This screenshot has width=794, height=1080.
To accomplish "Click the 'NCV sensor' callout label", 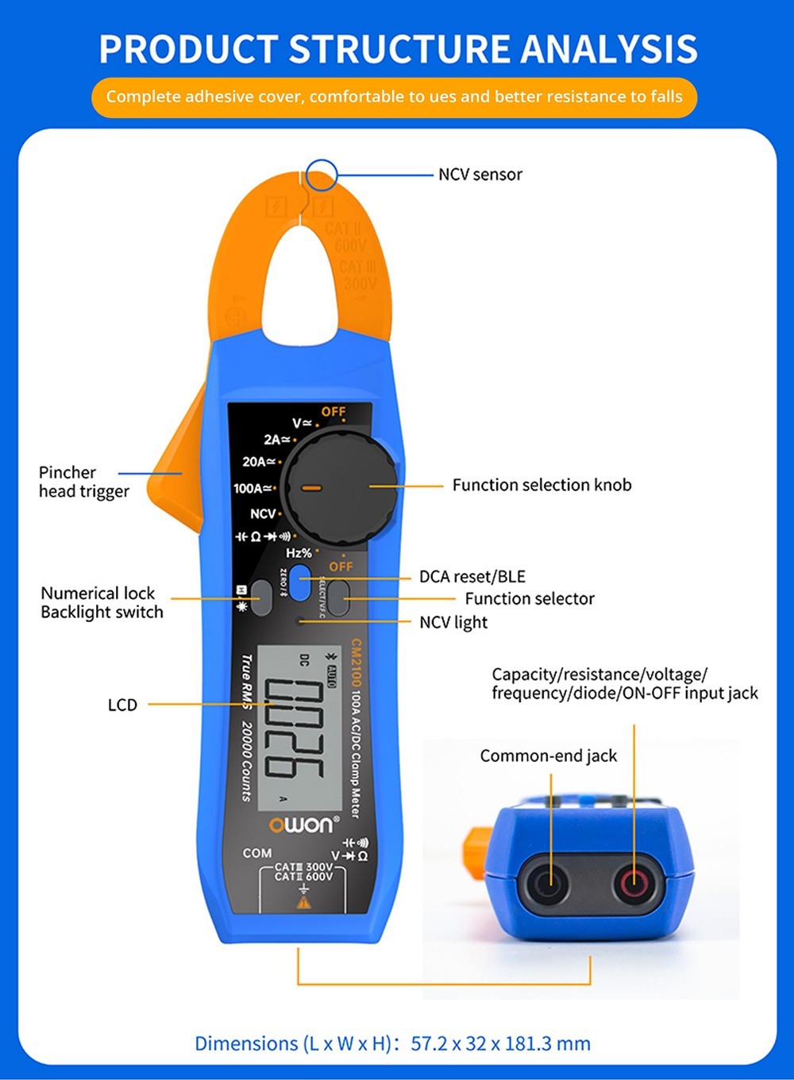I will point(480,175).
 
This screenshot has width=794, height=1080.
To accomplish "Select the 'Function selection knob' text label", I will point(542,485).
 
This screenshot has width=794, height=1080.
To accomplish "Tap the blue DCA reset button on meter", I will point(300,582).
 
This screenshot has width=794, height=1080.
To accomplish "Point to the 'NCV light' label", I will point(453,622).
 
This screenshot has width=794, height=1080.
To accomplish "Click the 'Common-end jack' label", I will point(548,756).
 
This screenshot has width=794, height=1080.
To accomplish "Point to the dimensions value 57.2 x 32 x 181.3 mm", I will point(500,1043).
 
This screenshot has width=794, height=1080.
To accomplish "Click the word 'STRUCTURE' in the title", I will point(400,49).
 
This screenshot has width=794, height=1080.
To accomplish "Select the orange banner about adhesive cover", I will point(394,97).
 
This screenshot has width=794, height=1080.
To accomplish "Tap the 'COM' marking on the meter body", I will point(257,853).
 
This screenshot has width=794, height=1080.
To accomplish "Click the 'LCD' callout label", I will point(122,705).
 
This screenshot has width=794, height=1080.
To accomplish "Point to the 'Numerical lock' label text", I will point(98,594).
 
